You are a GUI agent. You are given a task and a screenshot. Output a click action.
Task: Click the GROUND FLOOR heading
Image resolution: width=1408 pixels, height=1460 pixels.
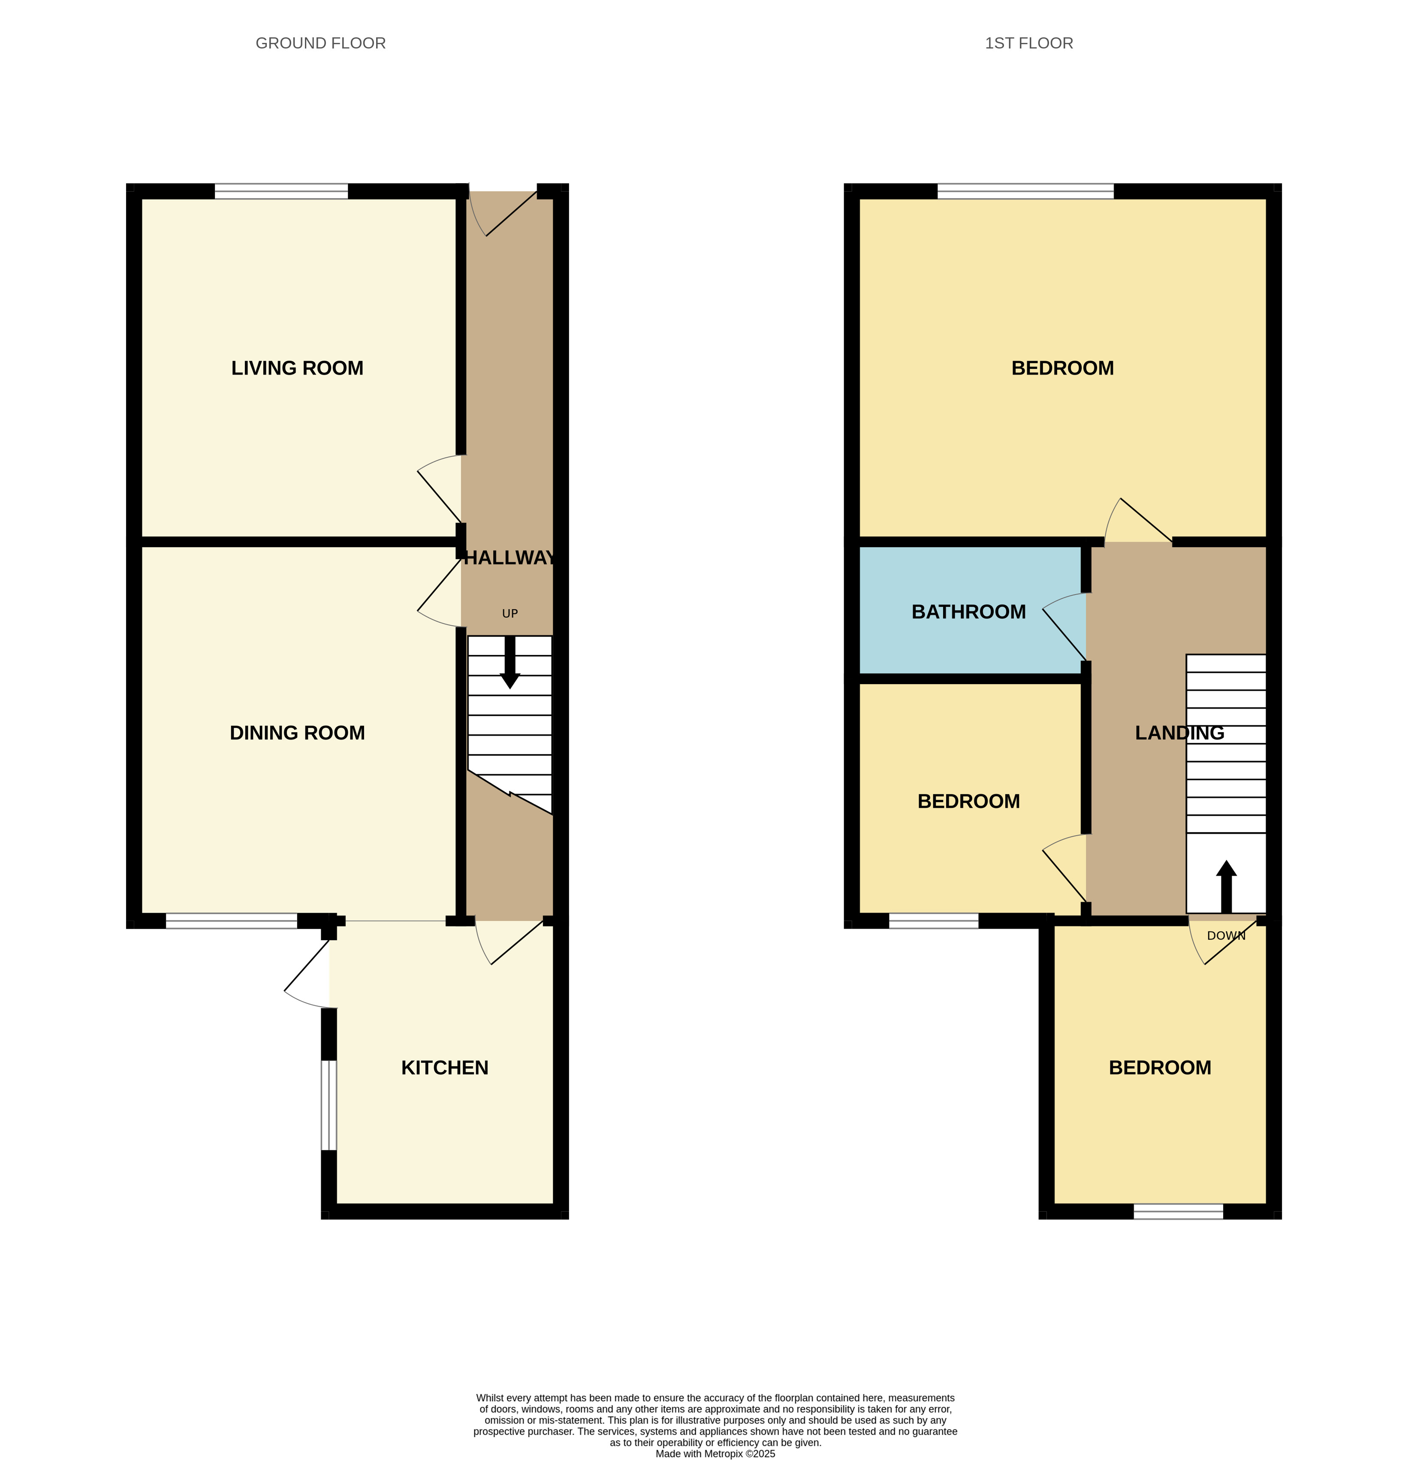[320, 43]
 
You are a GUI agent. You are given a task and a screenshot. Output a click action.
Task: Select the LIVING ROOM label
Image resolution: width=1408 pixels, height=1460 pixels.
[297, 368]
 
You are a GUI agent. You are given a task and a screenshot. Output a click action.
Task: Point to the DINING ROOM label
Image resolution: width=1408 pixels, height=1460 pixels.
[297, 733]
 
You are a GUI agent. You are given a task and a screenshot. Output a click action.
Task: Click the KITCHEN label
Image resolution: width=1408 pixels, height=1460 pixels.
[445, 1068]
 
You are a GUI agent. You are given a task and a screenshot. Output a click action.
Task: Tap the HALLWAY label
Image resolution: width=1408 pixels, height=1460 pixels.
[510, 558]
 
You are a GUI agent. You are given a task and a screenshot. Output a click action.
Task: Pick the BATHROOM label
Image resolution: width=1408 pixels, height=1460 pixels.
[968, 612]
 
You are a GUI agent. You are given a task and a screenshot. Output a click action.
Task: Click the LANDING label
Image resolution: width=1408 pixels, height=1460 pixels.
[1179, 733]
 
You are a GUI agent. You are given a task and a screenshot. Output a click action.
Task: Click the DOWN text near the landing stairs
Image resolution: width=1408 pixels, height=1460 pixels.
[1225, 935]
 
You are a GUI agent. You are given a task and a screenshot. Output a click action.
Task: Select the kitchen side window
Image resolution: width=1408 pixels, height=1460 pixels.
[329, 1105]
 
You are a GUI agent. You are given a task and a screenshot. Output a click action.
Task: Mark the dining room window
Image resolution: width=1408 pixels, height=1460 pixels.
[231, 921]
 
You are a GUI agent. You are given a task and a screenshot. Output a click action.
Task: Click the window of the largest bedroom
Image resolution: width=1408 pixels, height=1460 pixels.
[1025, 191]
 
